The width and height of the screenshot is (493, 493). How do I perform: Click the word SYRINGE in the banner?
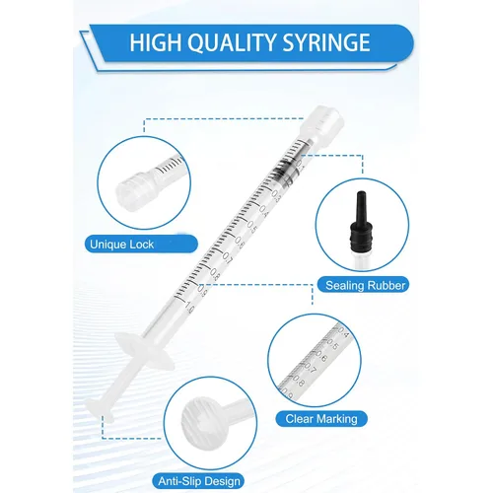tap(326, 42)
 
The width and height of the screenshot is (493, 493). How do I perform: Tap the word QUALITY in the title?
tap(230, 43)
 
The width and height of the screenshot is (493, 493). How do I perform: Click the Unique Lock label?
tap(121, 245)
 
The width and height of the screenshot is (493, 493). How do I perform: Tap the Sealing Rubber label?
tap(365, 285)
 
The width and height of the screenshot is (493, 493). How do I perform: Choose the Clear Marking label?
tap(321, 419)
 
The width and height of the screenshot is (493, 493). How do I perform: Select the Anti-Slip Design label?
tap(199, 481)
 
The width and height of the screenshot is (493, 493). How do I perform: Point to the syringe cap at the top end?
tap(322, 124)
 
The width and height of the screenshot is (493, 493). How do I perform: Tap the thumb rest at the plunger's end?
tap(100, 410)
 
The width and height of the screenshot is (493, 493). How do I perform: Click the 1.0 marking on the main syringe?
tap(189, 307)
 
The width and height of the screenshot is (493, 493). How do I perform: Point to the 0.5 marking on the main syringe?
tap(251, 228)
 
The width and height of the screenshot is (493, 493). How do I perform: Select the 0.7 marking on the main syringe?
tap(227, 259)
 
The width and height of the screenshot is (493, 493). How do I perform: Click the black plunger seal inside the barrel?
tap(284, 171)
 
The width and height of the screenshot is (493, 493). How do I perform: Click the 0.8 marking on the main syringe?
tap(214, 275)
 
